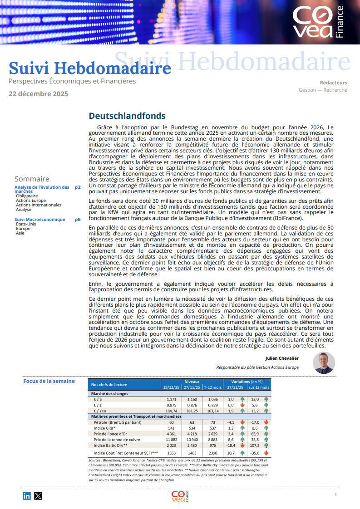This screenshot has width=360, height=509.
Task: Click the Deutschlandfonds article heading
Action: (x=127, y=116)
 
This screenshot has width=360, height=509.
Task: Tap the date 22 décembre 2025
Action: (x=39, y=94)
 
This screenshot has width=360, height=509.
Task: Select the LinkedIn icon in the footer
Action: (x=27, y=496)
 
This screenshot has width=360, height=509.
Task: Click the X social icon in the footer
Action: (x=38, y=496)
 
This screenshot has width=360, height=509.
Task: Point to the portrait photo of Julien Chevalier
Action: (x=324, y=363)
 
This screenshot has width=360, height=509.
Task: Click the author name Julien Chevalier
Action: (x=282, y=358)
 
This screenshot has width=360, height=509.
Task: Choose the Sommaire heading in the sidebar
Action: (x=32, y=179)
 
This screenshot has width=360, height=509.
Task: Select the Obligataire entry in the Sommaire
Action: (x=27, y=196)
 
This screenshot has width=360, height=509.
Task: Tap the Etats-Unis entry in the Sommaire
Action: (x=26, y=224)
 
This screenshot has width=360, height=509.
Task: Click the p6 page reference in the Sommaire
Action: (x=78, y=220)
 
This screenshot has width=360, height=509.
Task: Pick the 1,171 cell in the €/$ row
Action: (x=171, y=399)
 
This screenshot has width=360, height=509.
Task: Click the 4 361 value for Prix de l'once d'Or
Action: (x=171, y=434)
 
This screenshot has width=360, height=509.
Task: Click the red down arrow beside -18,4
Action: (x=242, y=445)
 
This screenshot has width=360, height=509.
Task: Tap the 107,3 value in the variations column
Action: (x=254, y=445)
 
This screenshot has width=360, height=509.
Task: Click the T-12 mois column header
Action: (x=212, y=387)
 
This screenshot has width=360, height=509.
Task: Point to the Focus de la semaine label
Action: (x=49, y=381)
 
